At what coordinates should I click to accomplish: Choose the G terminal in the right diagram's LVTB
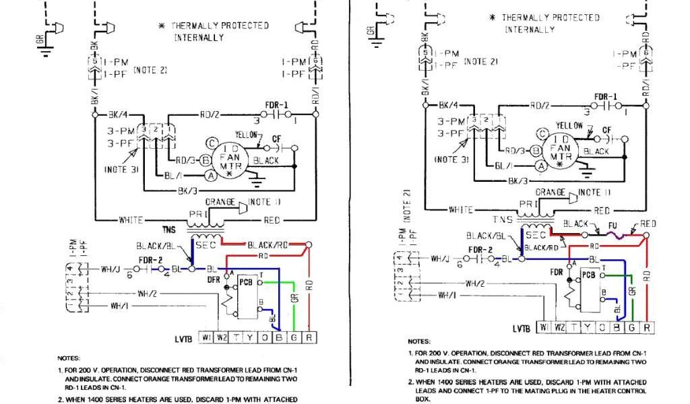[x=631, y=328]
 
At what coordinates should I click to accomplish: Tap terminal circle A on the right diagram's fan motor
[x=540, y=165]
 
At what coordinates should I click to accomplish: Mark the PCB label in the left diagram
[x=245, y=282]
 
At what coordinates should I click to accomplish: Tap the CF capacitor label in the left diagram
[x=276, y=139]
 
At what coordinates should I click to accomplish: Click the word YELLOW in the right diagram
[x=569, y=126]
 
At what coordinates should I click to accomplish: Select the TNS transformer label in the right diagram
[x=502, y=220]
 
